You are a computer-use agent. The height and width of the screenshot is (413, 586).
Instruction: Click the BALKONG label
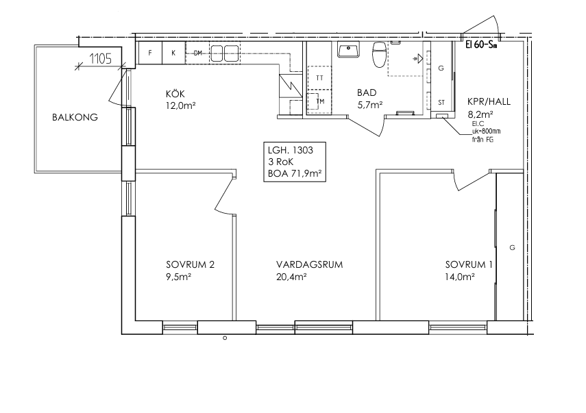coord(75,117)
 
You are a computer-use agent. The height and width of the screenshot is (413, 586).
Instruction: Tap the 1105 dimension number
coord(101,59)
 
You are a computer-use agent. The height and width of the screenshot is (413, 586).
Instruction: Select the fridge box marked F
coord(150,53)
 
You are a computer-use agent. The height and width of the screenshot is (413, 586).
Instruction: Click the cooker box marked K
coord(174,53)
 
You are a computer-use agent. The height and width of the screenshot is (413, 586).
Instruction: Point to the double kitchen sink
coord(225,53)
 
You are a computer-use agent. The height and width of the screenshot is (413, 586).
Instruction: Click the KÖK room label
coord(175,94)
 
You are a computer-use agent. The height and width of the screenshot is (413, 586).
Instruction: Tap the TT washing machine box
coord(319,77)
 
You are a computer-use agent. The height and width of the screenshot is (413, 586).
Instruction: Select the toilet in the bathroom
coord(379,55)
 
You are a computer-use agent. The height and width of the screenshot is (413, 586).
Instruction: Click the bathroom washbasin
coord(349,49)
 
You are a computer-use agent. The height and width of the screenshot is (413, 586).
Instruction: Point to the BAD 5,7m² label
coord(369,99)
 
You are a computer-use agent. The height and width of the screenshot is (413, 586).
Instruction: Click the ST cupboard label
coord(441,103)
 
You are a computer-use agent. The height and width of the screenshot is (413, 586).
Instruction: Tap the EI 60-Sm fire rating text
coord(481,45)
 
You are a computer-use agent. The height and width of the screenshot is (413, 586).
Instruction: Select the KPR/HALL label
coord(489,101)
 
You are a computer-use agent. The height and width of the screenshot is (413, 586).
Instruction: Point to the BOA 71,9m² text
coord(295,174)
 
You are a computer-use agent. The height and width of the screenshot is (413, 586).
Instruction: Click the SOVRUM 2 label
coord(191,265)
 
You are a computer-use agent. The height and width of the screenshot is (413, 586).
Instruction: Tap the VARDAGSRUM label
coord(309,265)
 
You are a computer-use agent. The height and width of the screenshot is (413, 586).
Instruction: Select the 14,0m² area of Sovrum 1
coord(460,277)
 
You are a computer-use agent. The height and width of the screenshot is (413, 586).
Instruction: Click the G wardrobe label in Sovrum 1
coord(512,247)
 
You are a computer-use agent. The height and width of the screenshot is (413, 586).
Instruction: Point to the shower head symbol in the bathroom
coord(417,59)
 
